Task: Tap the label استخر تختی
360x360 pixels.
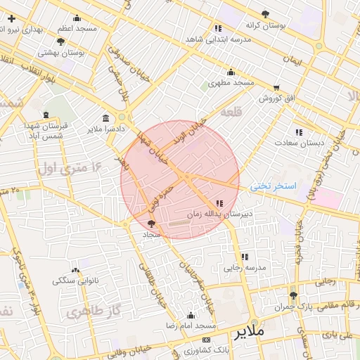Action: pos(274,186)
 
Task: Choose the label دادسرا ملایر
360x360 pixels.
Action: pos(105,129)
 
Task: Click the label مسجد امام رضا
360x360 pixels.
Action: pos(191,327)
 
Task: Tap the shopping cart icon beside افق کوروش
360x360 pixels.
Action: pos(276,88)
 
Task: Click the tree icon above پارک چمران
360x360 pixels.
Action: pos(293,295)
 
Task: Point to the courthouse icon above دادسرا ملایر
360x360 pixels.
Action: pos(105,118)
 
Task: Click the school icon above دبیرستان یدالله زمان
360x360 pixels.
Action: pos(211,203)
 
